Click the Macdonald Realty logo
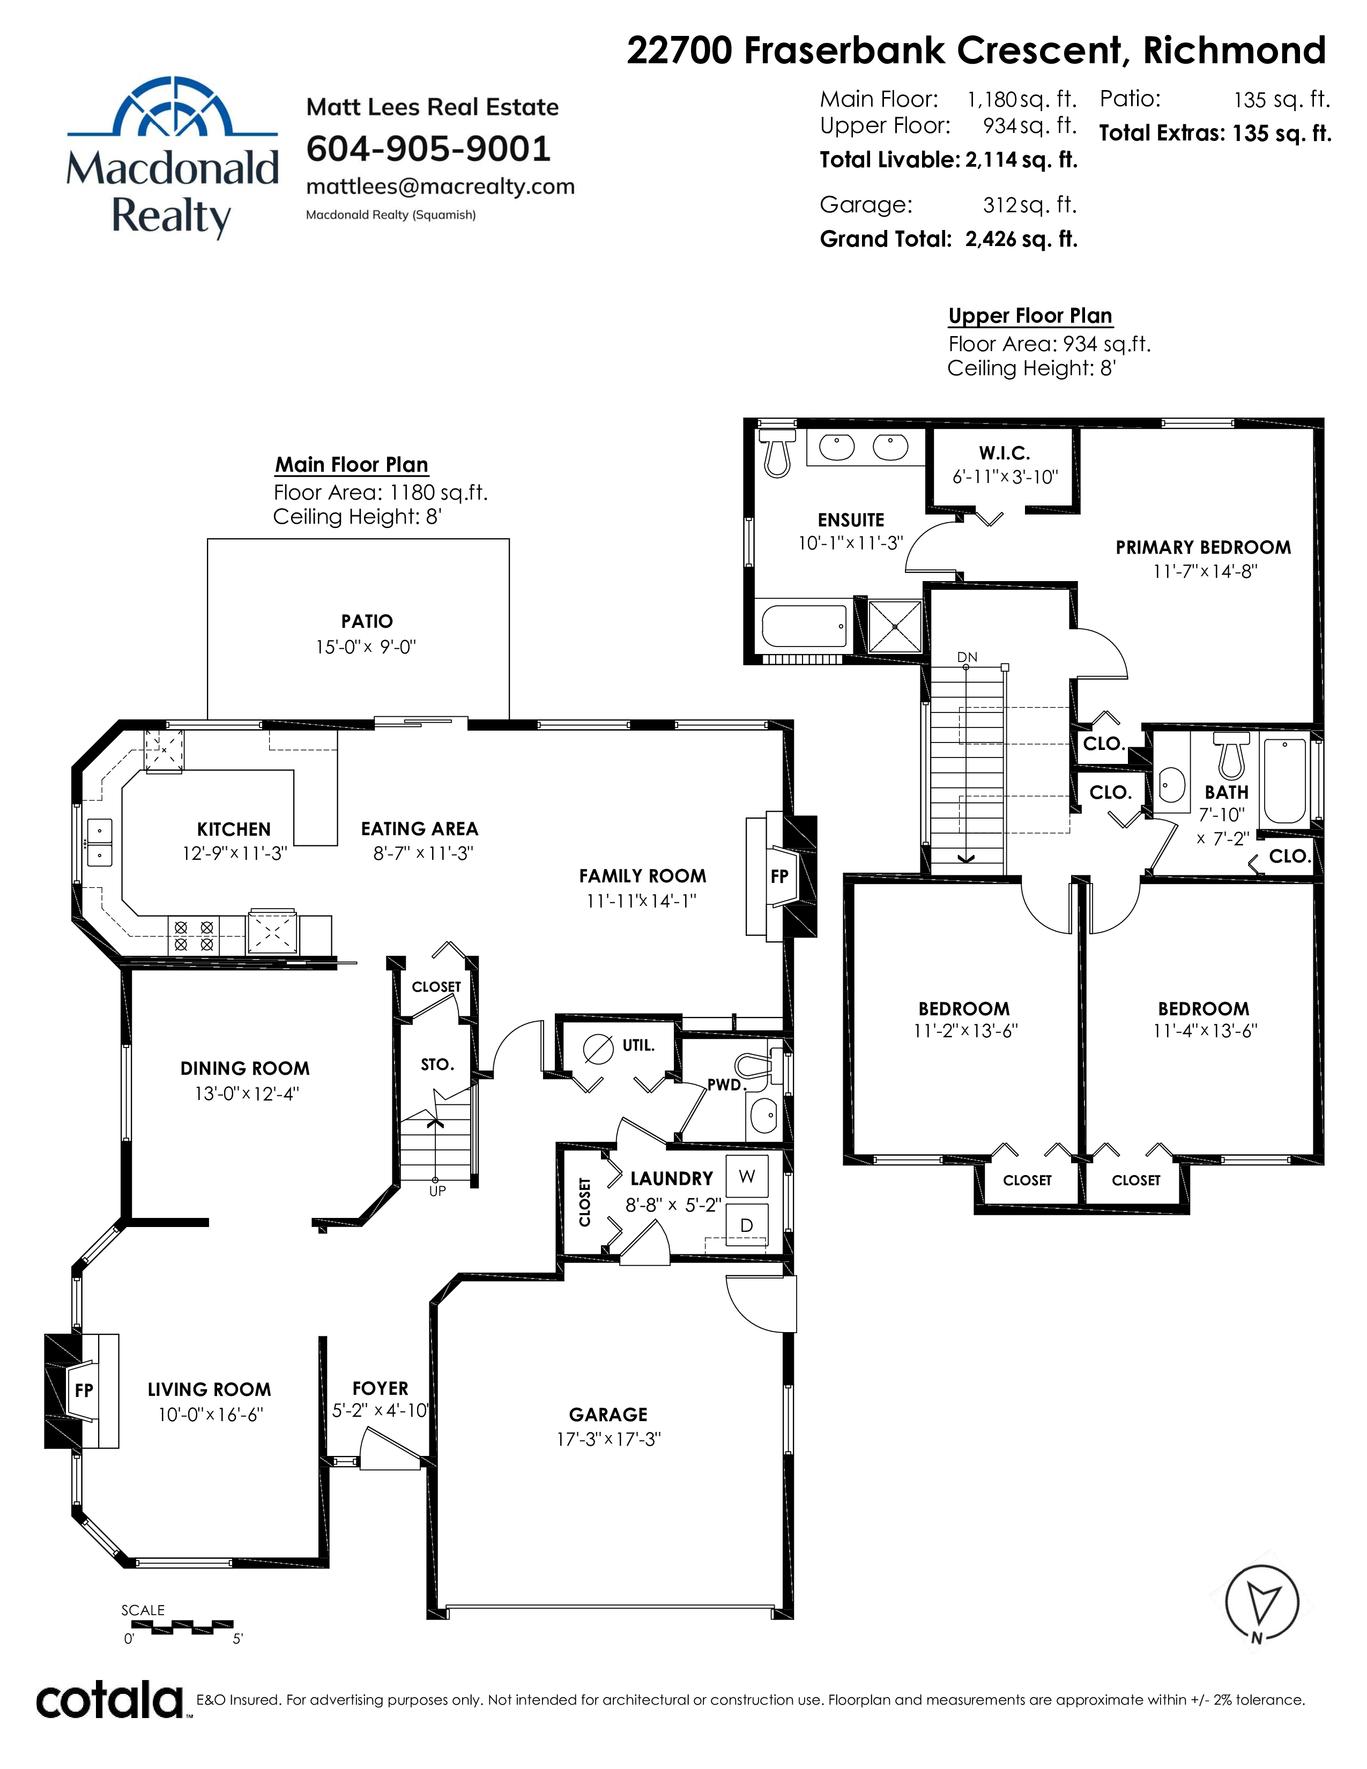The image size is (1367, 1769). [x=173, y=158]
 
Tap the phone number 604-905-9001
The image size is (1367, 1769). [x=428, y=148]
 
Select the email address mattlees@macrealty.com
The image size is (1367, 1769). [x=441, y=187]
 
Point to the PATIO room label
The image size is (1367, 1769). [x=367, y=621]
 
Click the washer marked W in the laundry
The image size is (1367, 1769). [x=747, y=1177]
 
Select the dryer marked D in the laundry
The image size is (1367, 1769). [x=747, y=1225]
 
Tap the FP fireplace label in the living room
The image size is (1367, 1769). [x=84, y=1391]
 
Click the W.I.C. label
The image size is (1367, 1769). [x=1004, y=454]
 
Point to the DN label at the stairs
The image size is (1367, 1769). [x=967, y=657]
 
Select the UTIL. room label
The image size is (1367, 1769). [x=638, y=1046]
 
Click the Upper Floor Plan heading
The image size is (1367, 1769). [x=1030, y=316]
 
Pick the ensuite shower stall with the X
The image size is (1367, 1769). [x=895, y=626]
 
